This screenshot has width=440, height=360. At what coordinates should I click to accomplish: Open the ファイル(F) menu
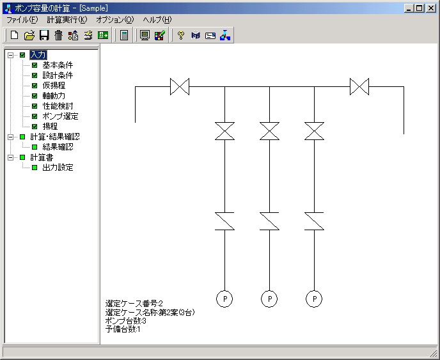point(22,20)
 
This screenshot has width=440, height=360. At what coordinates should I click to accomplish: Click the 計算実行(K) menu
point(67,20)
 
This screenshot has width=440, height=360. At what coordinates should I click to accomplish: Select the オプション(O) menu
point(115,20)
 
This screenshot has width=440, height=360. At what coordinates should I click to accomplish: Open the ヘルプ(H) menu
point(157,20)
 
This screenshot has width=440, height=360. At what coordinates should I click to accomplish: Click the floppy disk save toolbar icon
point(44,35)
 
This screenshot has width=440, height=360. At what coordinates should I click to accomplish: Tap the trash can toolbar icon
point(59,35)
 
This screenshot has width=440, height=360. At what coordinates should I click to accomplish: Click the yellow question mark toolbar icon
point(181,35)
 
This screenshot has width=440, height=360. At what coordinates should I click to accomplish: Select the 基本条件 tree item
point(58,65)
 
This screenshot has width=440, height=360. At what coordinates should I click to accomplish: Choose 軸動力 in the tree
point(54,96)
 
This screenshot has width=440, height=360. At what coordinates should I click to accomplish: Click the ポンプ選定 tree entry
point(60,116)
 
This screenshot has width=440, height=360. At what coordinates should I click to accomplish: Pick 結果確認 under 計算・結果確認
point(58,147)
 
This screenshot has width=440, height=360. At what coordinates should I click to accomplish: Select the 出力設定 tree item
point(58,168)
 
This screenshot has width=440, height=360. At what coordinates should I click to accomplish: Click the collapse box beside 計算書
point(10,157)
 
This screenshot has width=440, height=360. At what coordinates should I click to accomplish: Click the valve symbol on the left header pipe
point(180,86)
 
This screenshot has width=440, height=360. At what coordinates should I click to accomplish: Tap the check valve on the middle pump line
point(269,221)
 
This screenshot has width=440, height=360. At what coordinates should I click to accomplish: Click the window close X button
point(431,8)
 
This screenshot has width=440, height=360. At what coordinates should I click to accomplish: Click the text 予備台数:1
point(123,329)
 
